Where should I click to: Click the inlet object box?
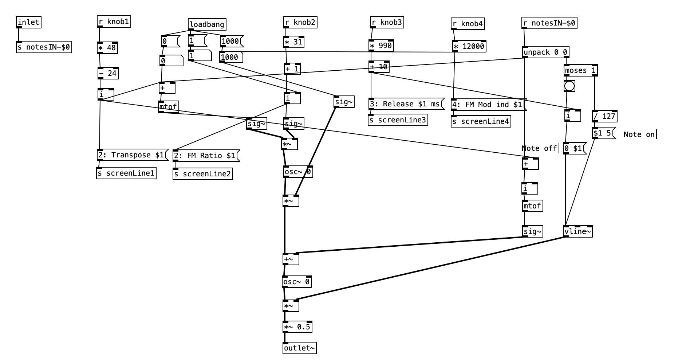(28, 22)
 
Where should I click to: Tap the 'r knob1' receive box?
(114, 21)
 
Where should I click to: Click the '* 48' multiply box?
(107, 48)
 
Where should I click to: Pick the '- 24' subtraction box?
(108, 73)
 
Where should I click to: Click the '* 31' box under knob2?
(293, 42)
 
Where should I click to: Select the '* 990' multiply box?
(381, 46)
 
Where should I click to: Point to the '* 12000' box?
(469, 46)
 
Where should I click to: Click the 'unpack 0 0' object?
(545, 52)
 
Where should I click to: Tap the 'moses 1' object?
(580, 70)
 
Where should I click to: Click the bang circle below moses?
(569, 86)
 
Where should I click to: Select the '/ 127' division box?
(604, 116)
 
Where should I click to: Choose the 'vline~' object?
(577, 231)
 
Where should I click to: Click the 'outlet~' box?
(299, 348)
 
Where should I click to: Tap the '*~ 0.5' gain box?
(297, 327)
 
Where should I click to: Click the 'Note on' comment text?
(639, 134)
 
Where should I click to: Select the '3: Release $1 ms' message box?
(406, 104)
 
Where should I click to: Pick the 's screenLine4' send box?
(481, 121)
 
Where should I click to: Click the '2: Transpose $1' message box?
(132, 155)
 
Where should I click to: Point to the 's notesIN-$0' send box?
(44, 47)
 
